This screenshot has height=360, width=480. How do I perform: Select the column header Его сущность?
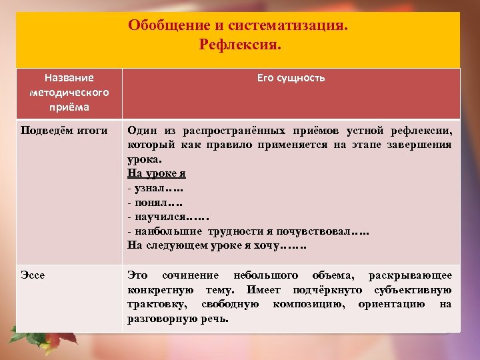291,78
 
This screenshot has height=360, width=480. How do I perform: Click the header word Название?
69,78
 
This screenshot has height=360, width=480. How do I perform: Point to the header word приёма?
69,106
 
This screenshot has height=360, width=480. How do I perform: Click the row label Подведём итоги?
64,130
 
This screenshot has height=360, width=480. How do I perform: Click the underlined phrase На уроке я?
157,173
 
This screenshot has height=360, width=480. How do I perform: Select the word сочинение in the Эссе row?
191,275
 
